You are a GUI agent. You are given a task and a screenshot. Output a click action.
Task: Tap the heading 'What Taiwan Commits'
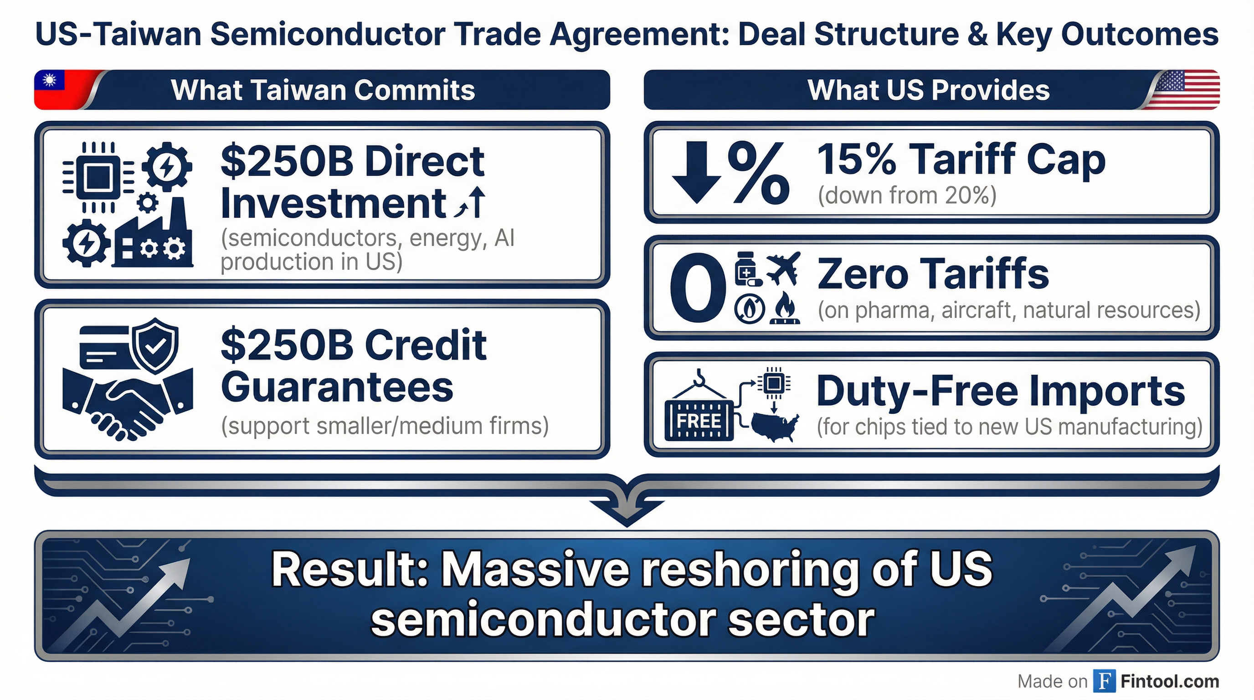[323, 90]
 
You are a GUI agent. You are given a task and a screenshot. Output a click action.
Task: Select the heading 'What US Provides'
[928, 90]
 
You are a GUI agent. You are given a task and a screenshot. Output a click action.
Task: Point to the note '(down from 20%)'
[907, 195]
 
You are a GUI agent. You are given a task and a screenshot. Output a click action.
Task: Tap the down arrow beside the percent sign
[697, 172]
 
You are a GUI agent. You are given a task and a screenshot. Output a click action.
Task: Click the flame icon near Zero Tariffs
[785, 308]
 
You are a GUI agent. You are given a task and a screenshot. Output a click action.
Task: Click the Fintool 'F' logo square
[1104, 680]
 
